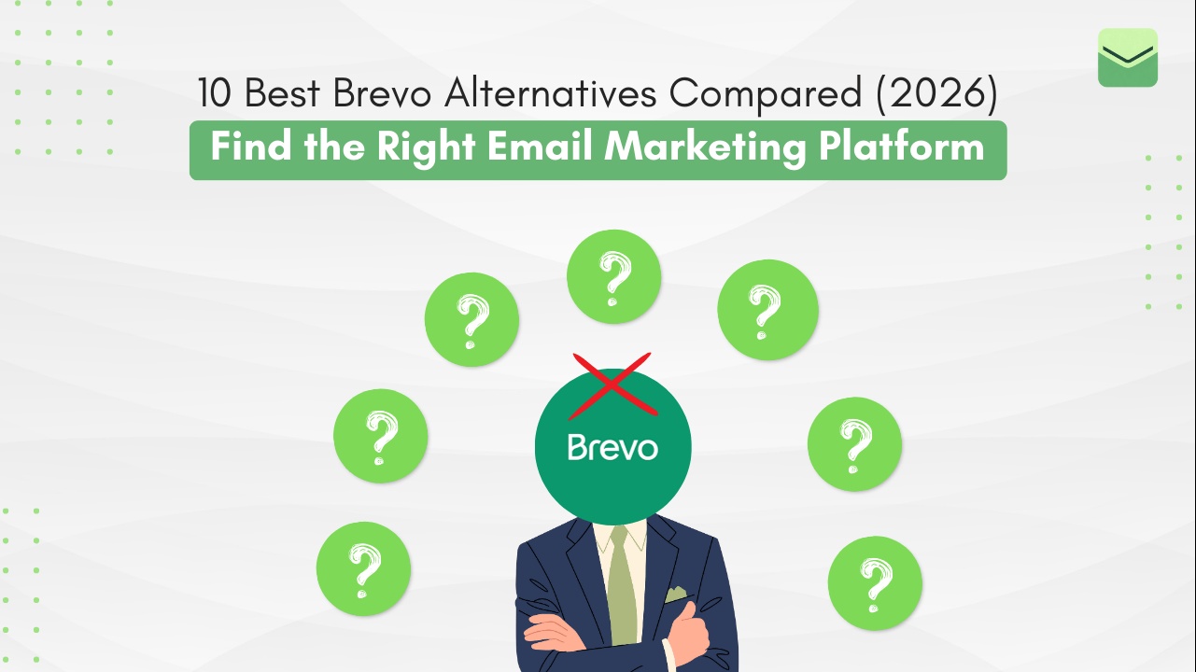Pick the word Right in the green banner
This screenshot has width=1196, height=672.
click(x=415, y=147)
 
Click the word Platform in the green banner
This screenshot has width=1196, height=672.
click(x=900, y=147)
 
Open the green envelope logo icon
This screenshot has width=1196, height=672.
click(x=1128, y=58)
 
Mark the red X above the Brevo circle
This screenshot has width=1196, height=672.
click(x=612, y=384)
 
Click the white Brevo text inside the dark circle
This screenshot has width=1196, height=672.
click(x=612, y=447)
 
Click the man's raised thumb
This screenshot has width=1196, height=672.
click(x=691, y=616)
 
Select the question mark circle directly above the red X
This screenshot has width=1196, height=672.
click(x=613, y=276)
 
